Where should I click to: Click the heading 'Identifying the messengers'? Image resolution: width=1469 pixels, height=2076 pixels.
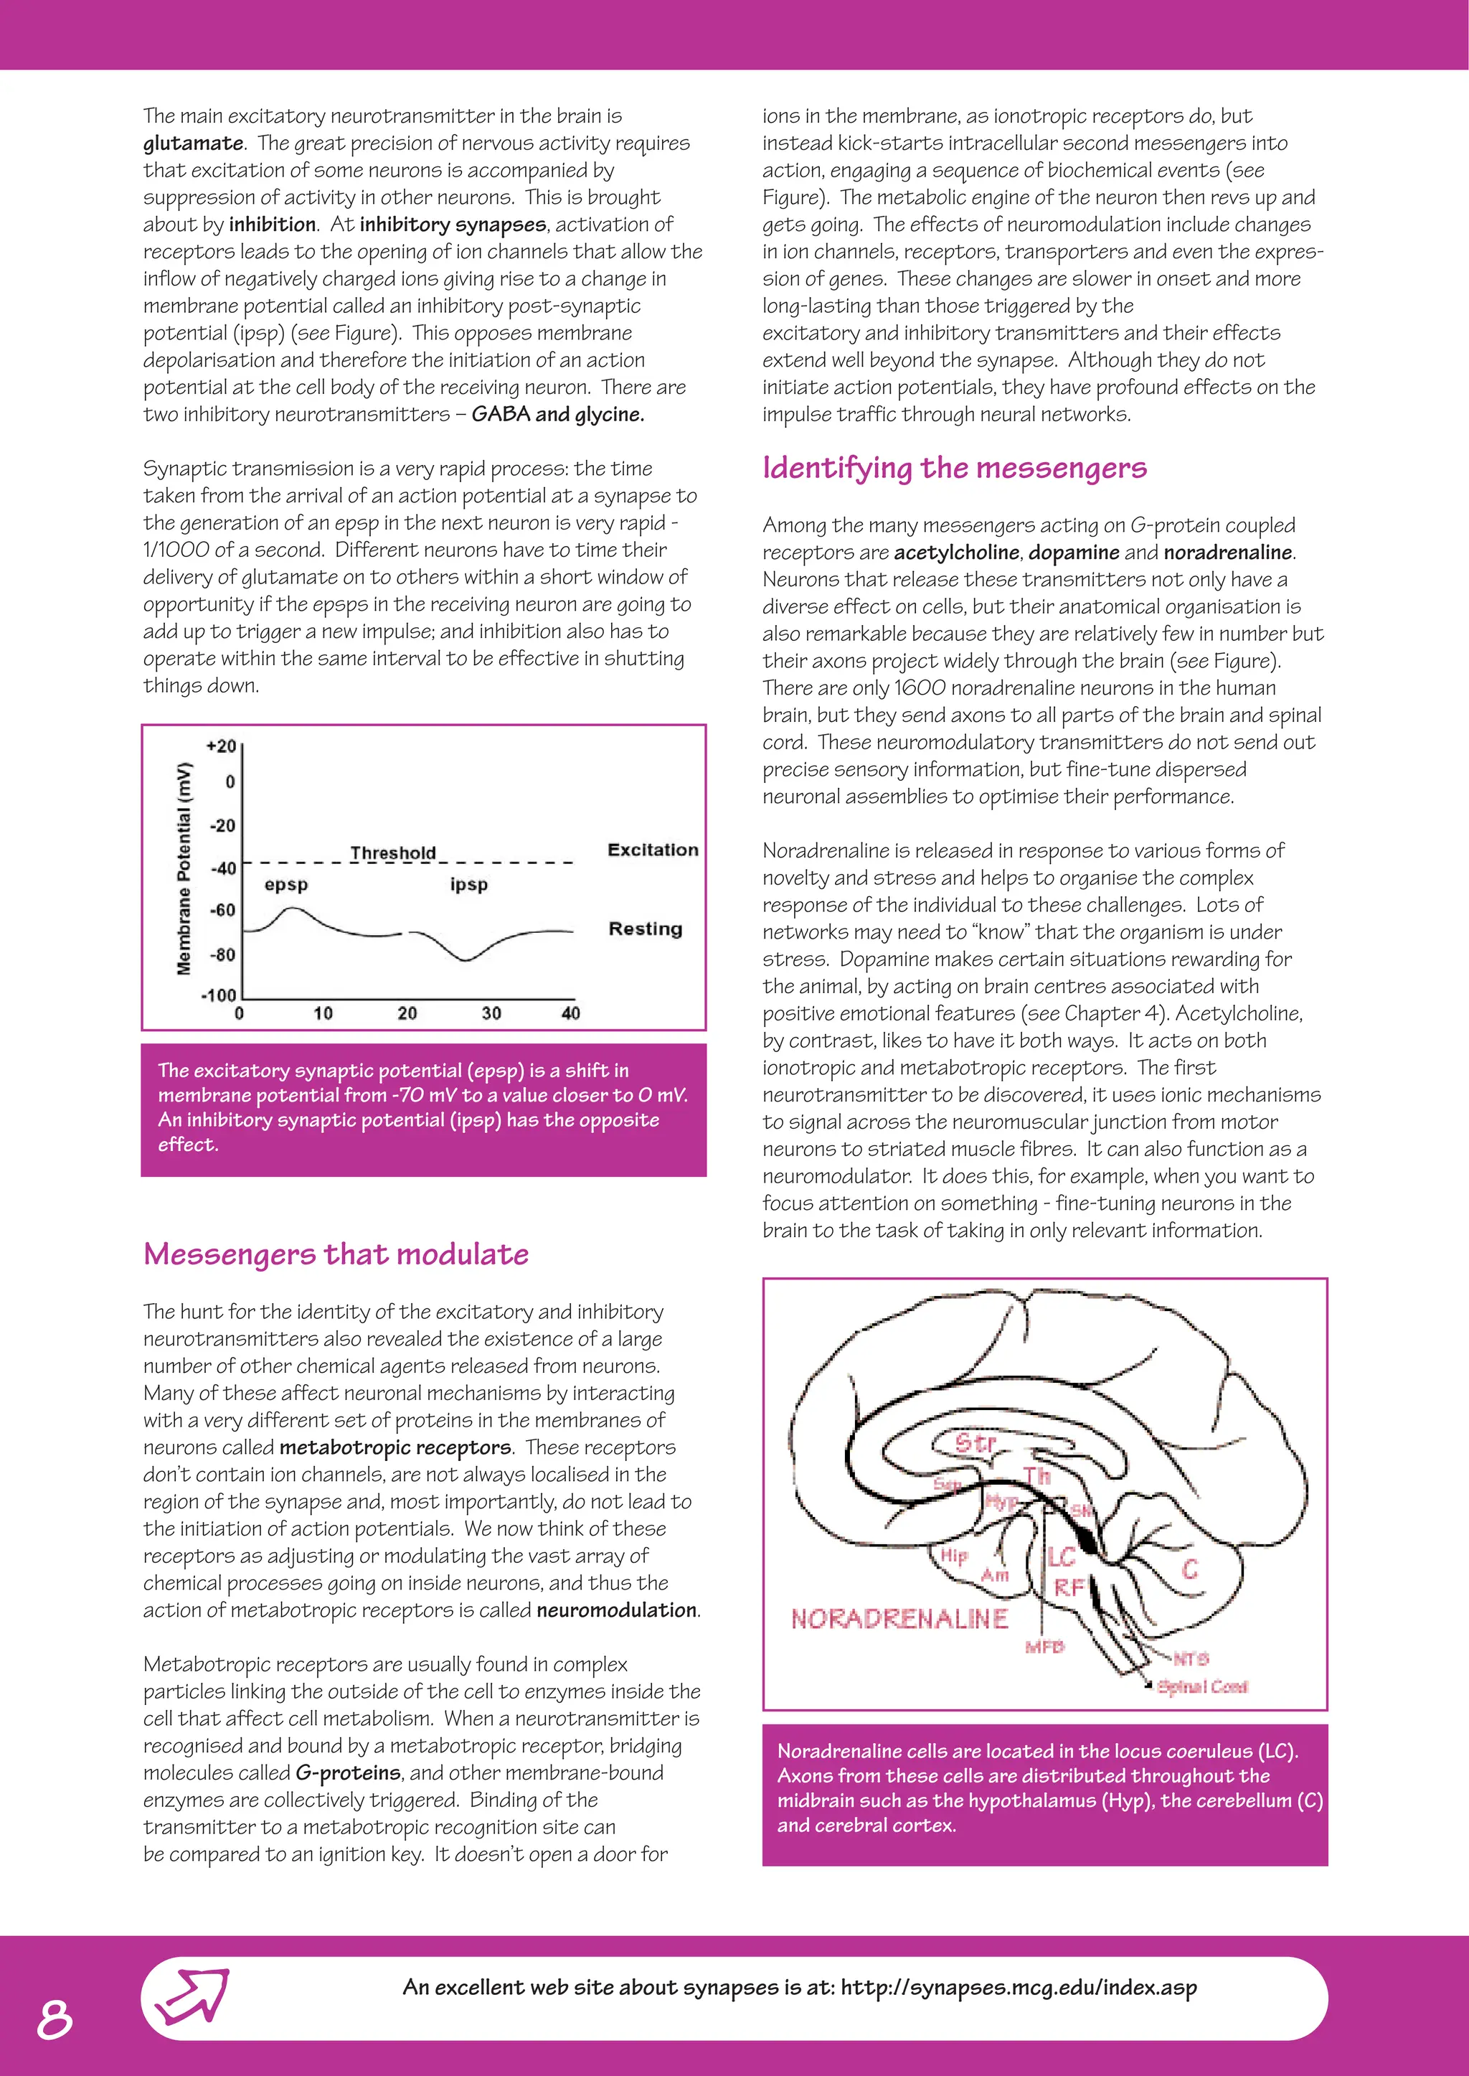954,468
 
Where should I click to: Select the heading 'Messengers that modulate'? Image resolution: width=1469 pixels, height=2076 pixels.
336,1254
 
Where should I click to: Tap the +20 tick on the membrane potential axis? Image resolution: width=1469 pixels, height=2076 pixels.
221,746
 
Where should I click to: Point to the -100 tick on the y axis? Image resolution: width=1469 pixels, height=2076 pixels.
218,995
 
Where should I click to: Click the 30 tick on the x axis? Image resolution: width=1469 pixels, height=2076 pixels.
491,1013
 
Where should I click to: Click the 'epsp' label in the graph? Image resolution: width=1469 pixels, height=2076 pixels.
286,884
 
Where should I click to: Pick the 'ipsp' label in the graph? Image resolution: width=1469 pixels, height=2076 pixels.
468,884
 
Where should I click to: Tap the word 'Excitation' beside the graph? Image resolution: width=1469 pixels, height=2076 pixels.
652,850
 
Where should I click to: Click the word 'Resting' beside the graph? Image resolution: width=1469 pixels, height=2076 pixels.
645,929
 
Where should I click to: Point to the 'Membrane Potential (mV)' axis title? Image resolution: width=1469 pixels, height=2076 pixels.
184,869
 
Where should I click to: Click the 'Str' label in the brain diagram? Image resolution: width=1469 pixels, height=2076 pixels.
975,1442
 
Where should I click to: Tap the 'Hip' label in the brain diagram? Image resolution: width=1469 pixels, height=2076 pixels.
953,1556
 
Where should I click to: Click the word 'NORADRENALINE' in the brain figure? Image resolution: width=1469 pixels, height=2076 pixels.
899,1619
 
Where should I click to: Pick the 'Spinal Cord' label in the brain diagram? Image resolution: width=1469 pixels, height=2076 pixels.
1202,1687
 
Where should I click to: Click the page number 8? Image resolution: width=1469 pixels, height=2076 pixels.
55,2019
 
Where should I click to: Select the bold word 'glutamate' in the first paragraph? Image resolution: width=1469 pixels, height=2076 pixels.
193,143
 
